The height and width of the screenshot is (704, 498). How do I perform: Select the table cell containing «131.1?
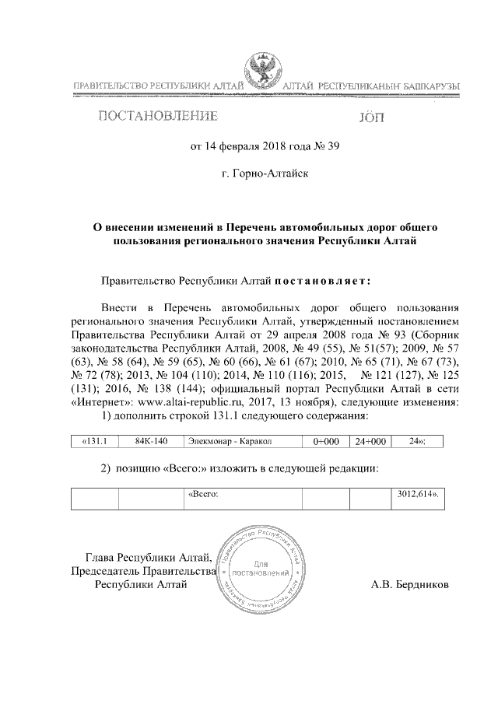point(94,442)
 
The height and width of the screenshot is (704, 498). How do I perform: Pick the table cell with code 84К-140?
point(151,442)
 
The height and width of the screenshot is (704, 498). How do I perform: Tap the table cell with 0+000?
point(325,442)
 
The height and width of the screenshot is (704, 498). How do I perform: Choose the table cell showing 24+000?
point(368,442)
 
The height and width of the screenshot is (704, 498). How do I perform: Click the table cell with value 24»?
point(417,442)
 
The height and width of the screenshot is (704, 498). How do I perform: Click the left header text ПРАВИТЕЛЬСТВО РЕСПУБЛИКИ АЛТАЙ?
point(153,84)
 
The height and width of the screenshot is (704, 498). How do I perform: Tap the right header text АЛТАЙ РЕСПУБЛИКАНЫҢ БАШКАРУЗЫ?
point(369,84)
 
